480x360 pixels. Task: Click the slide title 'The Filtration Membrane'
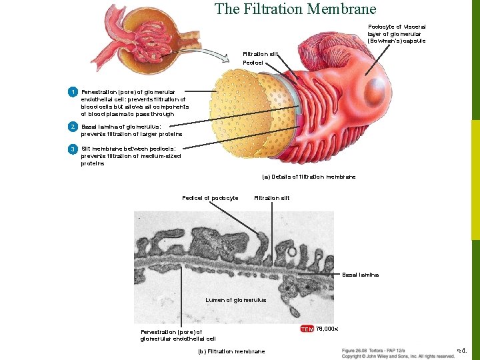click(x=295, y=9)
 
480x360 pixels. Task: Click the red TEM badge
click(x=307, y=329)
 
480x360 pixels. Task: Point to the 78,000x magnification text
click(x=327, y=329)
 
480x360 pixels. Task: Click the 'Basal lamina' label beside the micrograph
click(x=360, y=275)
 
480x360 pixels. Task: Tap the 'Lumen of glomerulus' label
click(x=236, y=300)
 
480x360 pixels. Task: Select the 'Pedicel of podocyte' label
click(x=210, y=197)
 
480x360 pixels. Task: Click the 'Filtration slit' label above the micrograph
click(x=272, y=197)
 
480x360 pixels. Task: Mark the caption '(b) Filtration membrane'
click(x=231, y=351)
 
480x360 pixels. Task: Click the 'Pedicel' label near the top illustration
click(x=253, y=63)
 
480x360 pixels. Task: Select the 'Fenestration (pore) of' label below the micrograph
click(x=171, y=331)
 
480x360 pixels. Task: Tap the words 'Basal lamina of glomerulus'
click(x=121, y=127)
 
